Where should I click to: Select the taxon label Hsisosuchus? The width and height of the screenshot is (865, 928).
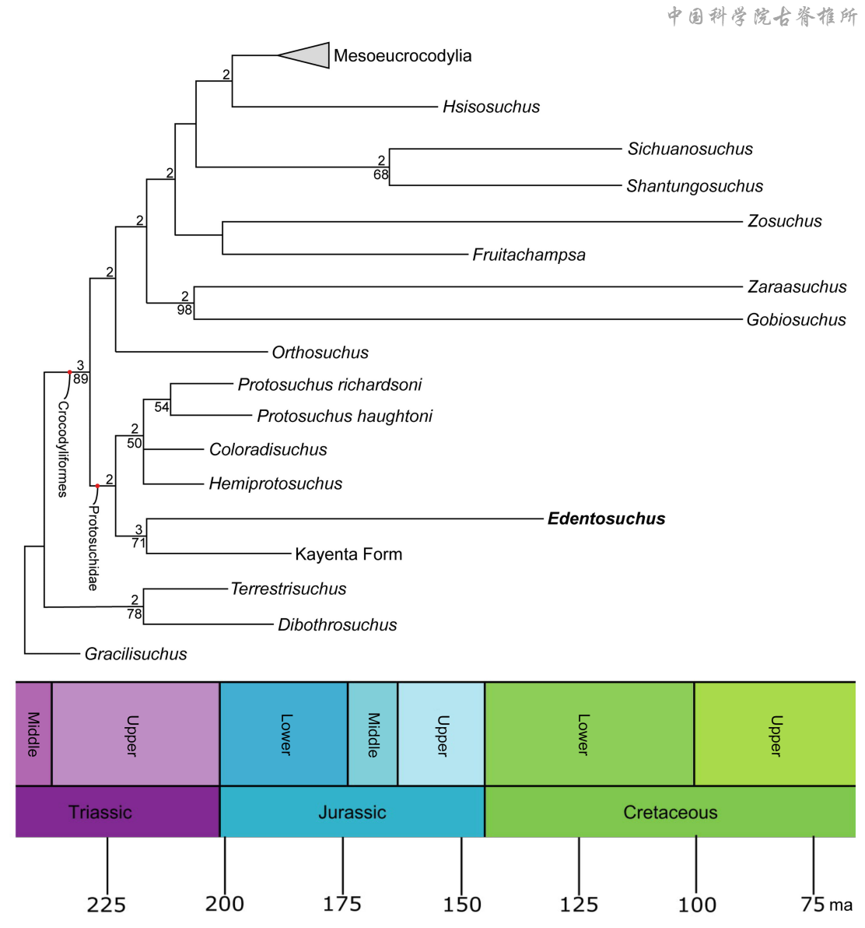pos(491,107)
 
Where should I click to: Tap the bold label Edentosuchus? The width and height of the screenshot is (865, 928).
pos(606,518)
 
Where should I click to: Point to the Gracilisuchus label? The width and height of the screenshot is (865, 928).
pos(135,654)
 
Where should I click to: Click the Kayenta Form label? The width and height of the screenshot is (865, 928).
pos(348,554)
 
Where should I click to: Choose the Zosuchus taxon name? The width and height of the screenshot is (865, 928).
pos(784,221)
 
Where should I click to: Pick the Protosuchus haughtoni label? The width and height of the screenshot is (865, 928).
pos(345,417)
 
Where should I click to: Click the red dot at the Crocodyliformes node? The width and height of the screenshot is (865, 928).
pos(69,372)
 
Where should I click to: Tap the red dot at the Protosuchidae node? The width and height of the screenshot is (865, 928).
pos(97,486)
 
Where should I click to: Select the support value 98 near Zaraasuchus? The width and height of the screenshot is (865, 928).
pos(184,310)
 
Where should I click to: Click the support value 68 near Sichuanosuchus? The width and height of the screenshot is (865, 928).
pos(380,174)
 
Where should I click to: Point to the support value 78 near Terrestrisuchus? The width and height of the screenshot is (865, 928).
pos(135,613)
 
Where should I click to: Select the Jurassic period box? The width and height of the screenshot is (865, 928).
pos(352,812)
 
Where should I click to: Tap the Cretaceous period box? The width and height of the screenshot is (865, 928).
pos(670,812)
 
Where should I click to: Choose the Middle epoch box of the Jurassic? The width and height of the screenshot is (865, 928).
pos(373,734)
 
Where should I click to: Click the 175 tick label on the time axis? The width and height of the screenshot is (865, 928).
pos(342,904)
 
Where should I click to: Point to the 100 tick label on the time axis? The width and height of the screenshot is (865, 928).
pos(697,905)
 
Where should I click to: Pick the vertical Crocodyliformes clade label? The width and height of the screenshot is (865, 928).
pos(63,449)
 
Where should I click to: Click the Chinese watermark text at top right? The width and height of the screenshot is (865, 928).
pos(762,16)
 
